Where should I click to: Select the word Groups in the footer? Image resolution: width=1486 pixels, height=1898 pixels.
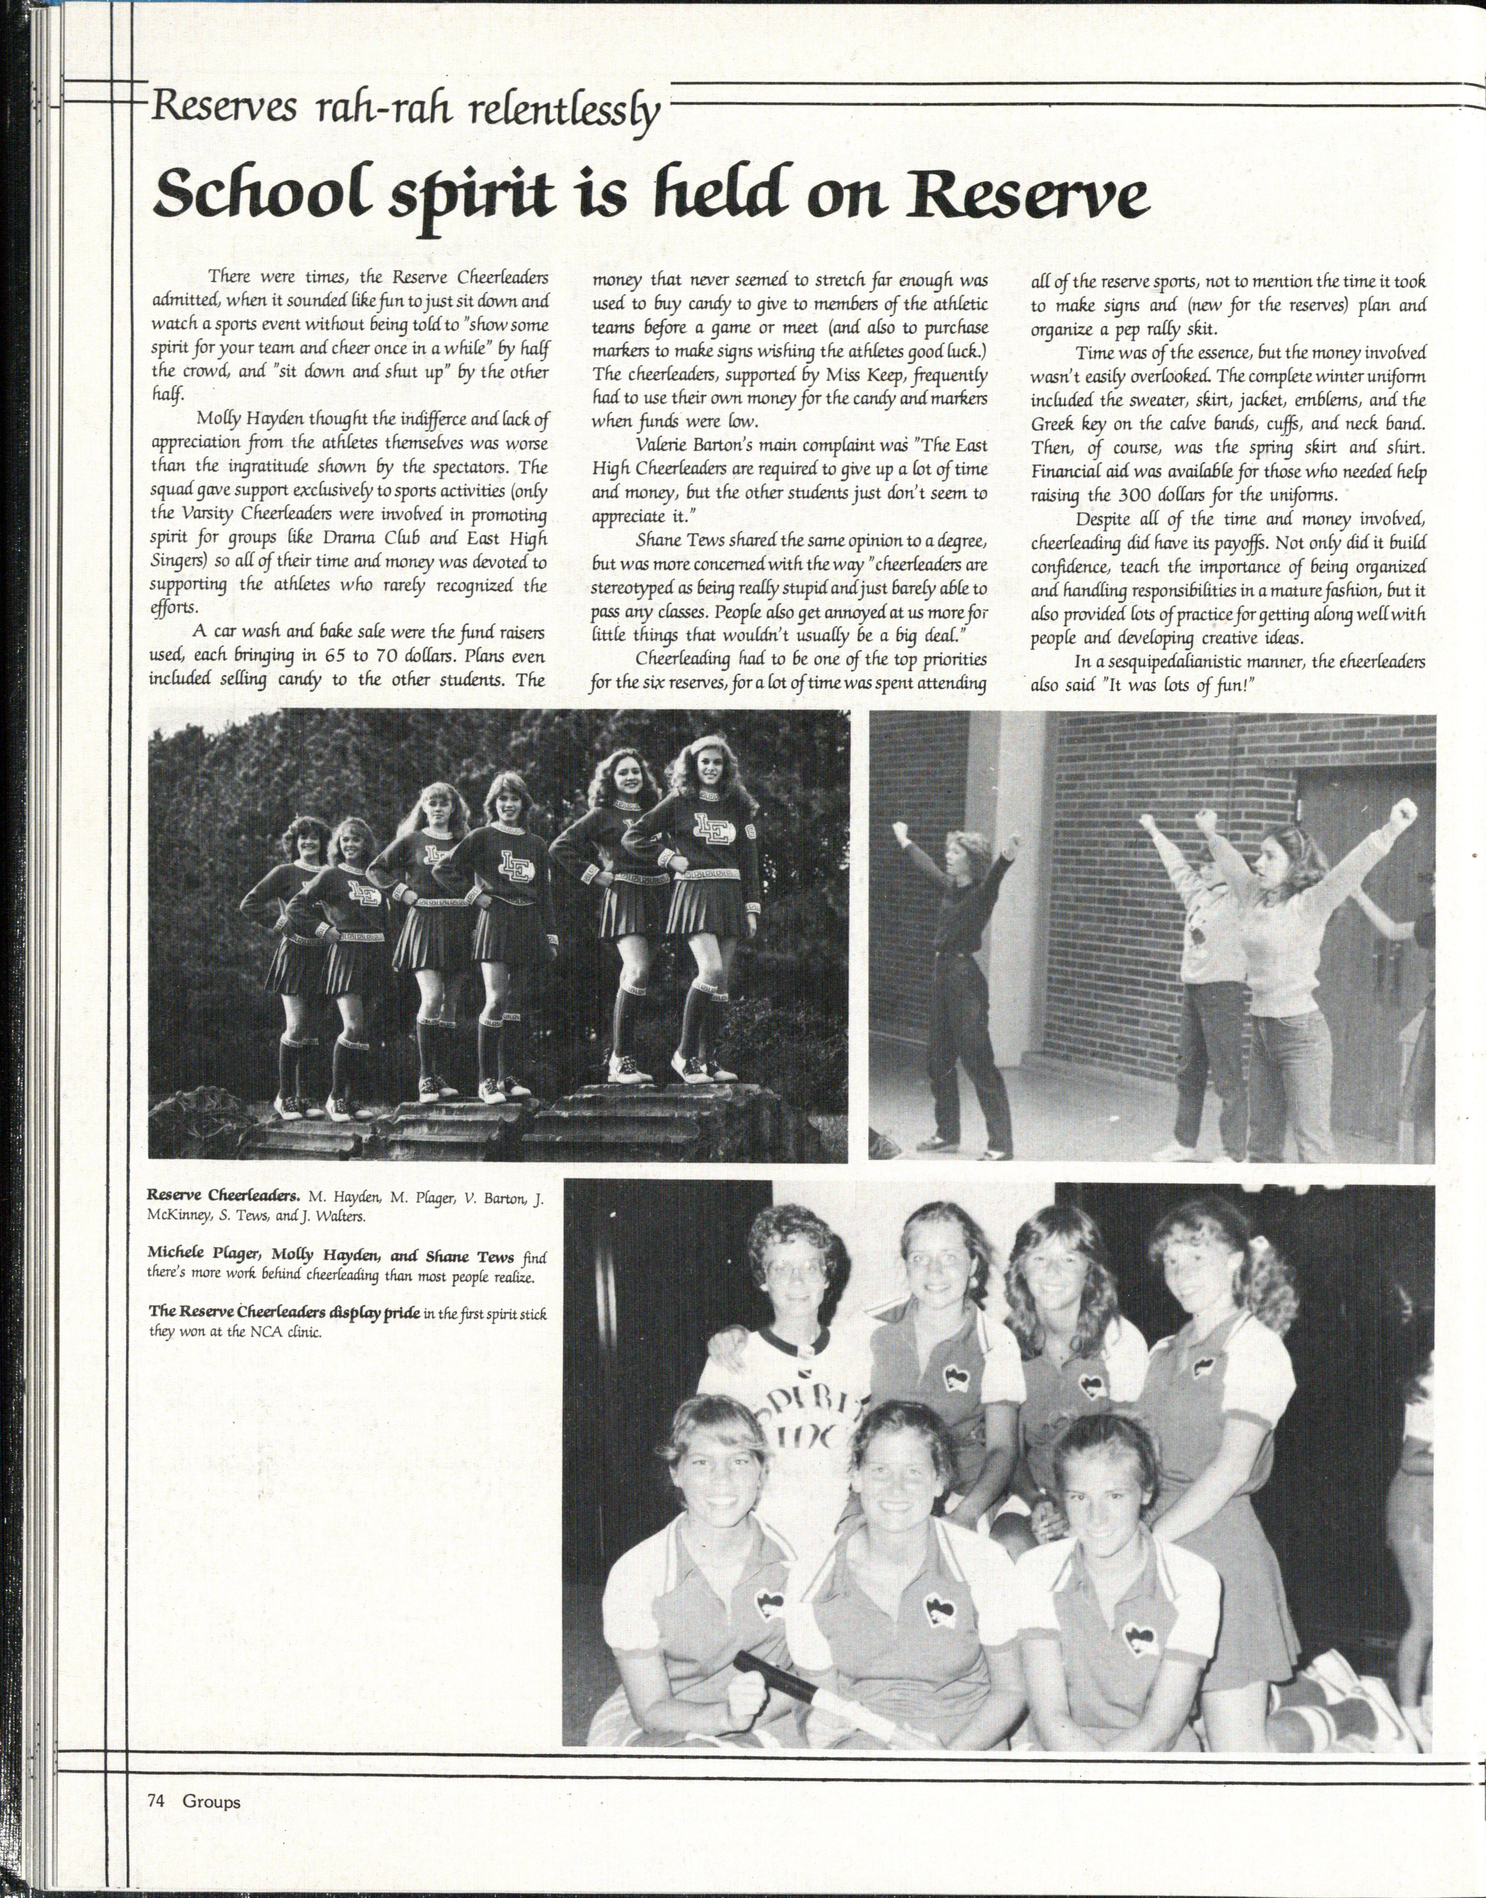pos(211,1801)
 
